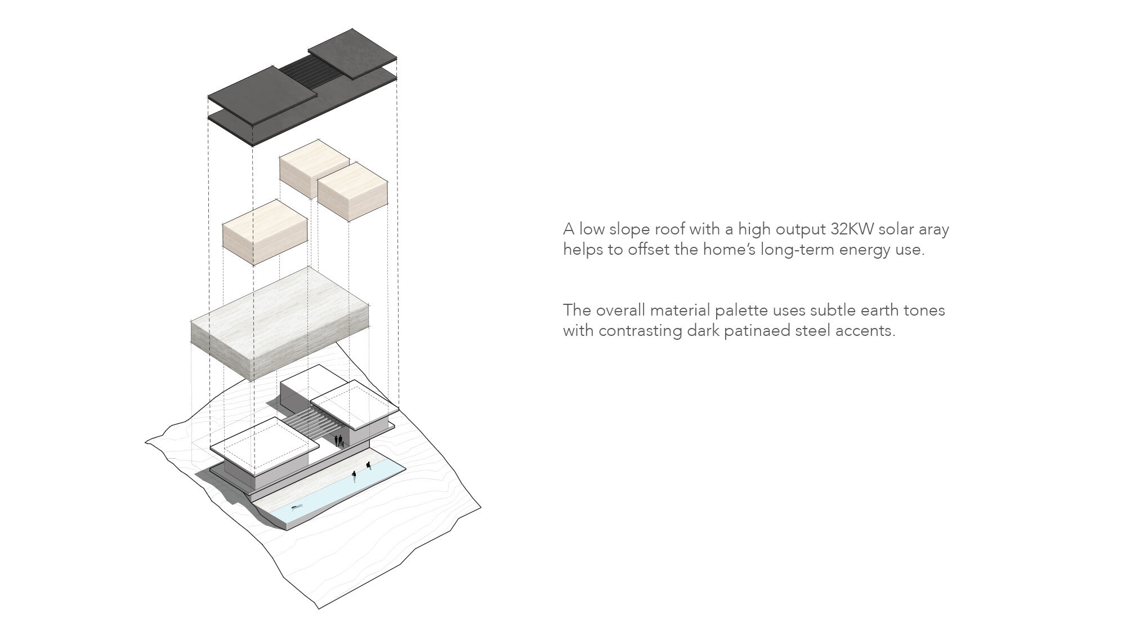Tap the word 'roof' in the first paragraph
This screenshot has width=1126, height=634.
click(674, 229)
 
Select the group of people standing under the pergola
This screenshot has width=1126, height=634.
click(339, 441)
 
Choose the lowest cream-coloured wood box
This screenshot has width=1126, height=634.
click(265, 232)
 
